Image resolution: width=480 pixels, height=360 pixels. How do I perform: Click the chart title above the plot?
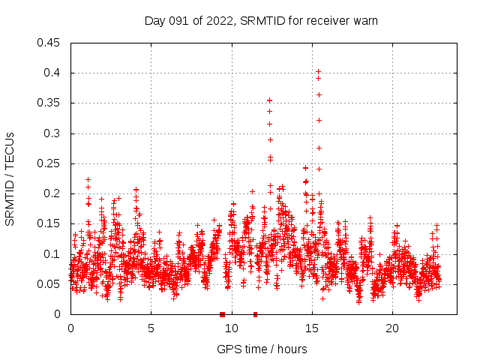click(261, 21)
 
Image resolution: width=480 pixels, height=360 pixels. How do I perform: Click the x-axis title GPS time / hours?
click(262, 349)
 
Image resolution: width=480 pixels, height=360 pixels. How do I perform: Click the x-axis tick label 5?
click(151, 328)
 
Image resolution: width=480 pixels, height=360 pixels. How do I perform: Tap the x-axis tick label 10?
click(232, 328)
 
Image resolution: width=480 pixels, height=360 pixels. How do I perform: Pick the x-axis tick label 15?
click(312, 328)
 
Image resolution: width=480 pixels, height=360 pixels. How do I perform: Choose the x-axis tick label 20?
click(392, 328)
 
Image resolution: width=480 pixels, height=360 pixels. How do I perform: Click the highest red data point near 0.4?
click(318, 71)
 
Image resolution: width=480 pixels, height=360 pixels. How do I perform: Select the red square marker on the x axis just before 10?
click(222, 314)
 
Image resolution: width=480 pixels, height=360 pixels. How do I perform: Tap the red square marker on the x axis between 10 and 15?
click(256, 314)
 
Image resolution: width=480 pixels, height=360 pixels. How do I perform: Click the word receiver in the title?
click(330, 21)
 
